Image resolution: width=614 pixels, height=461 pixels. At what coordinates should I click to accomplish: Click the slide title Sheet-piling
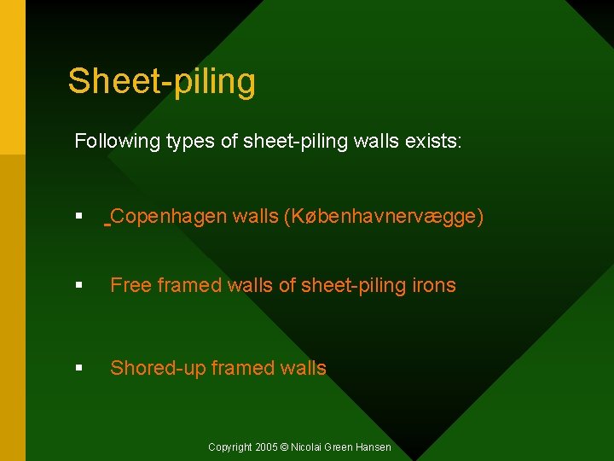pyautogui.click(x=162, y=82)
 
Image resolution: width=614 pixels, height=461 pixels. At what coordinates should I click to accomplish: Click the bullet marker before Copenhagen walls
pyautogui.click(x=78, y=217)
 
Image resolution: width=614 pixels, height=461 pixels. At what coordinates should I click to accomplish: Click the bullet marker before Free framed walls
pyautogui.click(x=78, y=286)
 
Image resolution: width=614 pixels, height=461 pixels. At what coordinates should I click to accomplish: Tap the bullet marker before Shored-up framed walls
pyautogui.click(x=78, y=369)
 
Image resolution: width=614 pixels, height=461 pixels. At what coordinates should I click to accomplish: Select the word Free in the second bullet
pyautogui.click(x=130, y=285)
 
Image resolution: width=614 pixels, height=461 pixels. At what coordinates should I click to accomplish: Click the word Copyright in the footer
pyautogui.click(x=230, y=447)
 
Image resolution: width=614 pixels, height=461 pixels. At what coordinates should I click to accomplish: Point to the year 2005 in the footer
pyautogui.click(x=266, y=447)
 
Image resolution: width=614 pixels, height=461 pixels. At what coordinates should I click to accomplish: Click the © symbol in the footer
pyautogui.click(x=285, y=447)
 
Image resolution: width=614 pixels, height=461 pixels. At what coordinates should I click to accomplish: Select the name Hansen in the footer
pyautogui.click(x=374, y=447)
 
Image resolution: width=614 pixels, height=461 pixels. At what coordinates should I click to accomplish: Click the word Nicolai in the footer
pyautogui.click(x=307, y=447)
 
